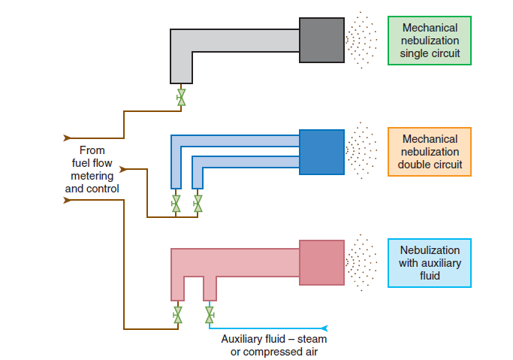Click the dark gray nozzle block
point(321,40)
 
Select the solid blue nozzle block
point(321,152)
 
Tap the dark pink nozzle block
point(321,262)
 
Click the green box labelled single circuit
point(430,40)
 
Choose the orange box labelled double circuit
point(430,151)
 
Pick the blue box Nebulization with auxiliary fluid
point(430,262)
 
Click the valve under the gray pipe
point(181,98)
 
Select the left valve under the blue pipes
point(176,204)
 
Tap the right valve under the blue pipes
point(198,204)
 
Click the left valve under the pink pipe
point(178,314)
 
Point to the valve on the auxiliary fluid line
point(209,314)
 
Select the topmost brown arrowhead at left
point(69,138)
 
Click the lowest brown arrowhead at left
point(69,200)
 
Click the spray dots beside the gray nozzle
point(361,40)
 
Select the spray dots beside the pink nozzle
point(361,262)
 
